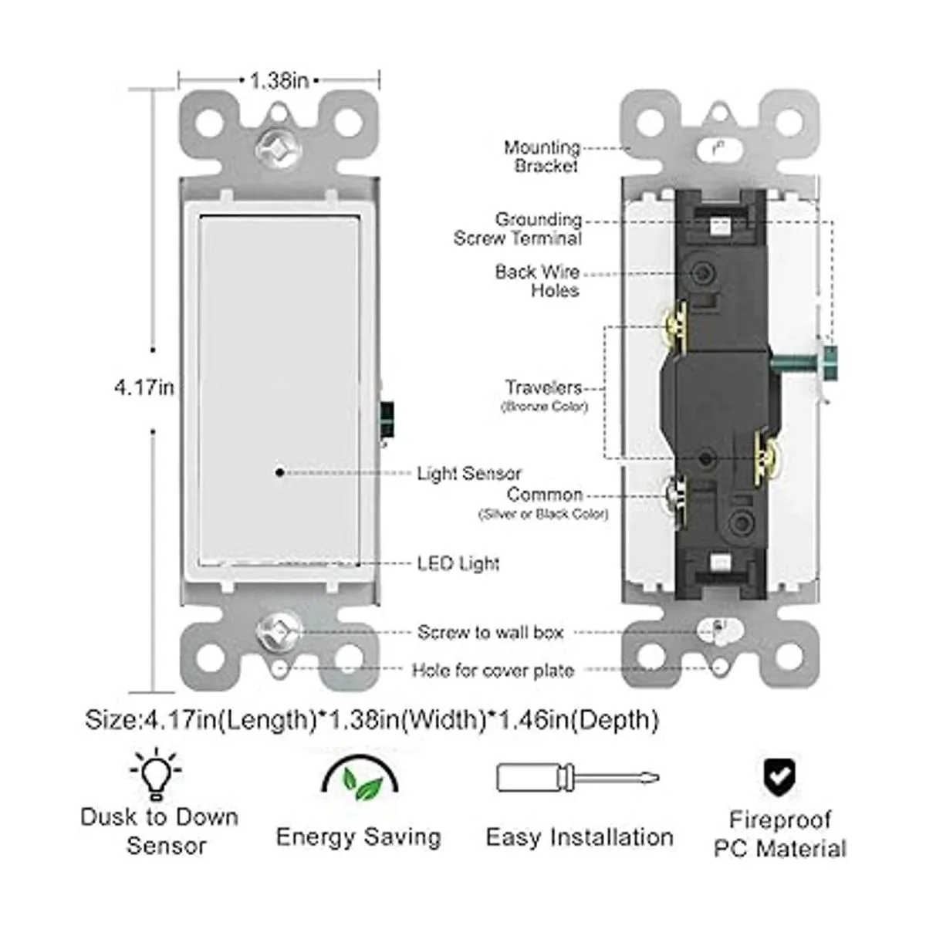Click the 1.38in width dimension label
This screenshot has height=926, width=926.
point(279,79)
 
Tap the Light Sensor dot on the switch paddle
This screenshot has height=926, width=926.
point(279,472)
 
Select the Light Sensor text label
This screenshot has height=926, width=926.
point(468,473)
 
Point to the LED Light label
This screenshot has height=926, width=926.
point(458,563)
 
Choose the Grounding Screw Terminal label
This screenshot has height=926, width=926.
point(519,229)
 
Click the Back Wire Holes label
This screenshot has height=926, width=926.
point(538,281)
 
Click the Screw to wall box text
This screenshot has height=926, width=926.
point(491,633)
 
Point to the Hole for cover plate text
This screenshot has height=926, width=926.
point(493,671)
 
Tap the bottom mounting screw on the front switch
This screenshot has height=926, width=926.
point(278,631)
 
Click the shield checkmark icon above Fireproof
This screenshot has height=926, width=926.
point(780,776)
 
